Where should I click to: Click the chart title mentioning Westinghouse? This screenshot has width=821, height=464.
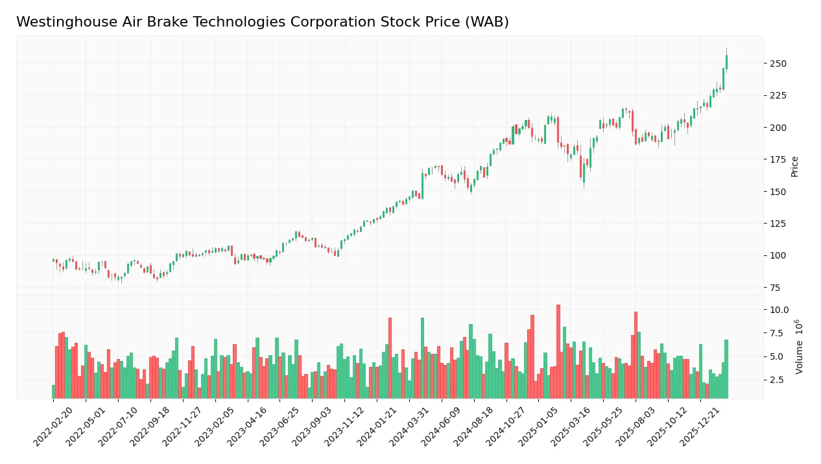pyautogui.click(x=262, y=22)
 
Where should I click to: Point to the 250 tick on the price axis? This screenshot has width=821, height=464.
pyautogui.click(x=778, y=64)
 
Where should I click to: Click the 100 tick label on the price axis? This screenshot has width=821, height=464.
pyautogui.click(x=778, y=255)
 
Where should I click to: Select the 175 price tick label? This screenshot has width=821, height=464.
pyautogui.click(x=778, y=159)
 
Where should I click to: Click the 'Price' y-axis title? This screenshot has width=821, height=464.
pyautogui.click(x=794, y=167)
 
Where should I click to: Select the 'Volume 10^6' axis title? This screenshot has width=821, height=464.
pyautogui.click(x=799, y=347)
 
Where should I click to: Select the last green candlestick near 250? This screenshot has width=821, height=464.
pyautogui.click(x=726, y=62)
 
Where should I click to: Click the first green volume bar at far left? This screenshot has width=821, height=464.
pyautogui.click(x=53, y=391)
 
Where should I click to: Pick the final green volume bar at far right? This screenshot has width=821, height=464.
pyautogui.click(x=726, y=369)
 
